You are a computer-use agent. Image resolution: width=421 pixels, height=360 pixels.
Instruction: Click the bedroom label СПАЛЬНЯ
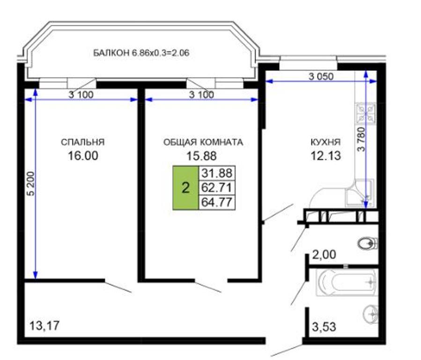coord(83,142)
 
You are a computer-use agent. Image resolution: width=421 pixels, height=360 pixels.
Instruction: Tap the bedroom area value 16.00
coord(83,156)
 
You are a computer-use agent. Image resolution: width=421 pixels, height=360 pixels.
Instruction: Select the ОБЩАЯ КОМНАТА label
coord(203,142)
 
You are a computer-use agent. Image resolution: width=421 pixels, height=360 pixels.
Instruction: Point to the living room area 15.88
coord(202,156)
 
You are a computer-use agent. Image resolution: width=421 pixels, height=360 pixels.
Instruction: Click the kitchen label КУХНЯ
coord(325,142)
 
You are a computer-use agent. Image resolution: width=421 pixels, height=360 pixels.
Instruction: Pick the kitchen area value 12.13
coord(325,156)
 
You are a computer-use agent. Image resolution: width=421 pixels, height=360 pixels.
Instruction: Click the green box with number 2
coord(185,188)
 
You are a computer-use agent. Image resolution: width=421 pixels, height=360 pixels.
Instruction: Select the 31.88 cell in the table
coord(217,173)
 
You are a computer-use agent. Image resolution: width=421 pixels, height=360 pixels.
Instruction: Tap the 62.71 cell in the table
coord(217,187)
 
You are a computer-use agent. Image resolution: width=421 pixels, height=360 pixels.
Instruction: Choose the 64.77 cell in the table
coord(217,202)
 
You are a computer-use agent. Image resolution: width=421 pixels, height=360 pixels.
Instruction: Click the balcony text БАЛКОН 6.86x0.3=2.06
coord(141,53)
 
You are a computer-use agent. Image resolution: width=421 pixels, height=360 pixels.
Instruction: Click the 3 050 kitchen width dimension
coord(321,77)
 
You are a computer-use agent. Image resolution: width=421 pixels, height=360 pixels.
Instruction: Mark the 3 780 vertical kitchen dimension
coord(362,139)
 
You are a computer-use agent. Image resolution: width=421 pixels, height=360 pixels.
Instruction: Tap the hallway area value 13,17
coord(44,326)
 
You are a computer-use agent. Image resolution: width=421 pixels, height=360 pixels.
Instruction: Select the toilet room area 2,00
coord(324,255)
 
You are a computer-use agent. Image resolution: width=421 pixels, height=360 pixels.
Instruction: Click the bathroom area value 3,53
coord(324,327)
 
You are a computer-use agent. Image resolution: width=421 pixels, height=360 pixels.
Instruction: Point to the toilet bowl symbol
coord(368,243)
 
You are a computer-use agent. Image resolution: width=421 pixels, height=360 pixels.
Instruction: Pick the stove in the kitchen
coord(365,114)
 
